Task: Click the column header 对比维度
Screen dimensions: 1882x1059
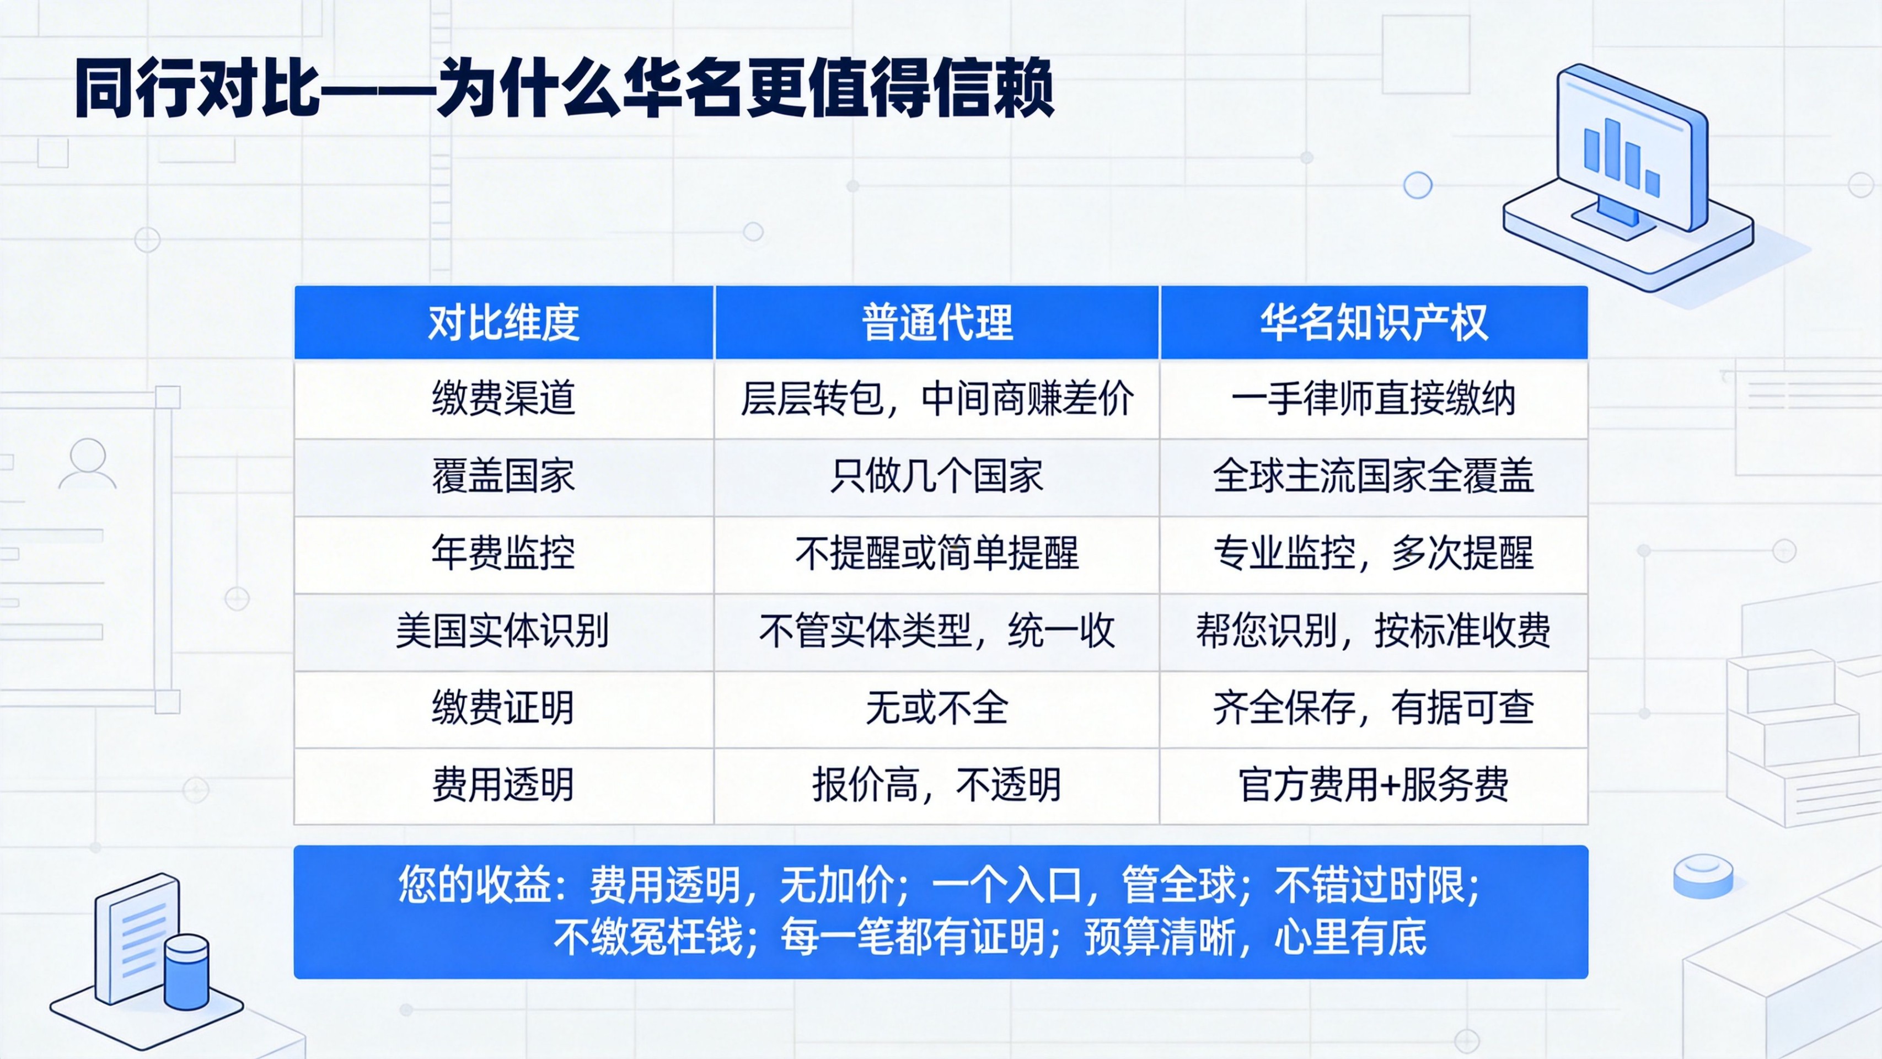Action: pos(503,322)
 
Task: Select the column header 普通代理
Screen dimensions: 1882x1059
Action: pos(937,322)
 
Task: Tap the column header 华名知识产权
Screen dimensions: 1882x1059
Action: pos(1374,322)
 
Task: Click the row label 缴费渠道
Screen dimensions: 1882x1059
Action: pos(503,399)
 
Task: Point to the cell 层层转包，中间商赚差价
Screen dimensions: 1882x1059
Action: pos(937,399)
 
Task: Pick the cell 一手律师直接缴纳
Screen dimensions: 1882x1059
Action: pos(1374,399)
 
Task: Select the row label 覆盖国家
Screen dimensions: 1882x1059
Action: pos(503,477)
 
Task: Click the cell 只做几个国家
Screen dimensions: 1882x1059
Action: pos(937,477)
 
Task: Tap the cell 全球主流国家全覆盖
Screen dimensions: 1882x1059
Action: pos(1374,477)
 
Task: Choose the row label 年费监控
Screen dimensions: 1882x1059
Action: pos(503,553)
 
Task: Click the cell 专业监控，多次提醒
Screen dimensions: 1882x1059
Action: pos(1374,553)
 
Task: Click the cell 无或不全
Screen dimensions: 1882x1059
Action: pos(937,708)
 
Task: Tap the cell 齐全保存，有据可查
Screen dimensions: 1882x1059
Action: pos(1374,708)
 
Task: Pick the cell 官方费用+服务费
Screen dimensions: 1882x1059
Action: pos(1374,785)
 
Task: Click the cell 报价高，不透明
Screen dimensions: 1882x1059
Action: pos(937,785)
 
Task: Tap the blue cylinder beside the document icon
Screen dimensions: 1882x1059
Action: pos(187,971)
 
